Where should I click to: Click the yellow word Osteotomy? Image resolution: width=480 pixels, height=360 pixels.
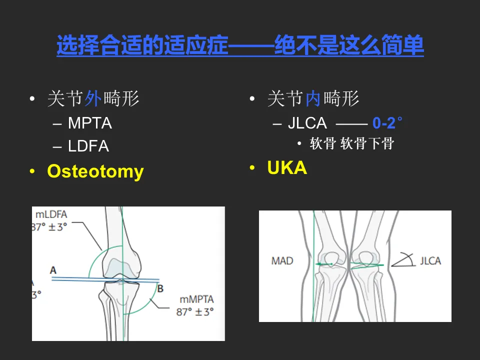95,171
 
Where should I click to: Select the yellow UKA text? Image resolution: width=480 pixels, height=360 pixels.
287,168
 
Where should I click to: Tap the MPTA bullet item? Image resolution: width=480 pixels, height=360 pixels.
90,123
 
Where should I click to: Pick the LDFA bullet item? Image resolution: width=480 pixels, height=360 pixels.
88,146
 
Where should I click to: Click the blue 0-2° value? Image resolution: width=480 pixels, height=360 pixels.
387,122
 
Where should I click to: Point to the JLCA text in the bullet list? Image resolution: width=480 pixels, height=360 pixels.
307,123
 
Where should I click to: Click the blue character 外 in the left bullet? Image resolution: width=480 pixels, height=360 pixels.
93,99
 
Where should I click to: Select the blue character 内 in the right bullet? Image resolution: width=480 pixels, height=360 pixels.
313,99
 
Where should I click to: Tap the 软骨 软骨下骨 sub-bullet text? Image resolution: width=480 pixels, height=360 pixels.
352,144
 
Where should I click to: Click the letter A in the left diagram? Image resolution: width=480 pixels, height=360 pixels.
53,270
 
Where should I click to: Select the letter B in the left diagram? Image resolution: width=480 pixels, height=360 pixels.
160,288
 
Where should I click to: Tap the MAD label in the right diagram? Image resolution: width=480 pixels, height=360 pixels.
282,261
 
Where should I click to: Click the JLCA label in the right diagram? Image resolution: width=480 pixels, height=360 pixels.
430,260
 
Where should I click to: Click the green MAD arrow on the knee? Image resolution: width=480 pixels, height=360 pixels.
325,263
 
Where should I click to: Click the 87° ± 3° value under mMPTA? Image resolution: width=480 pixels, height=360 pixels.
195,311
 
